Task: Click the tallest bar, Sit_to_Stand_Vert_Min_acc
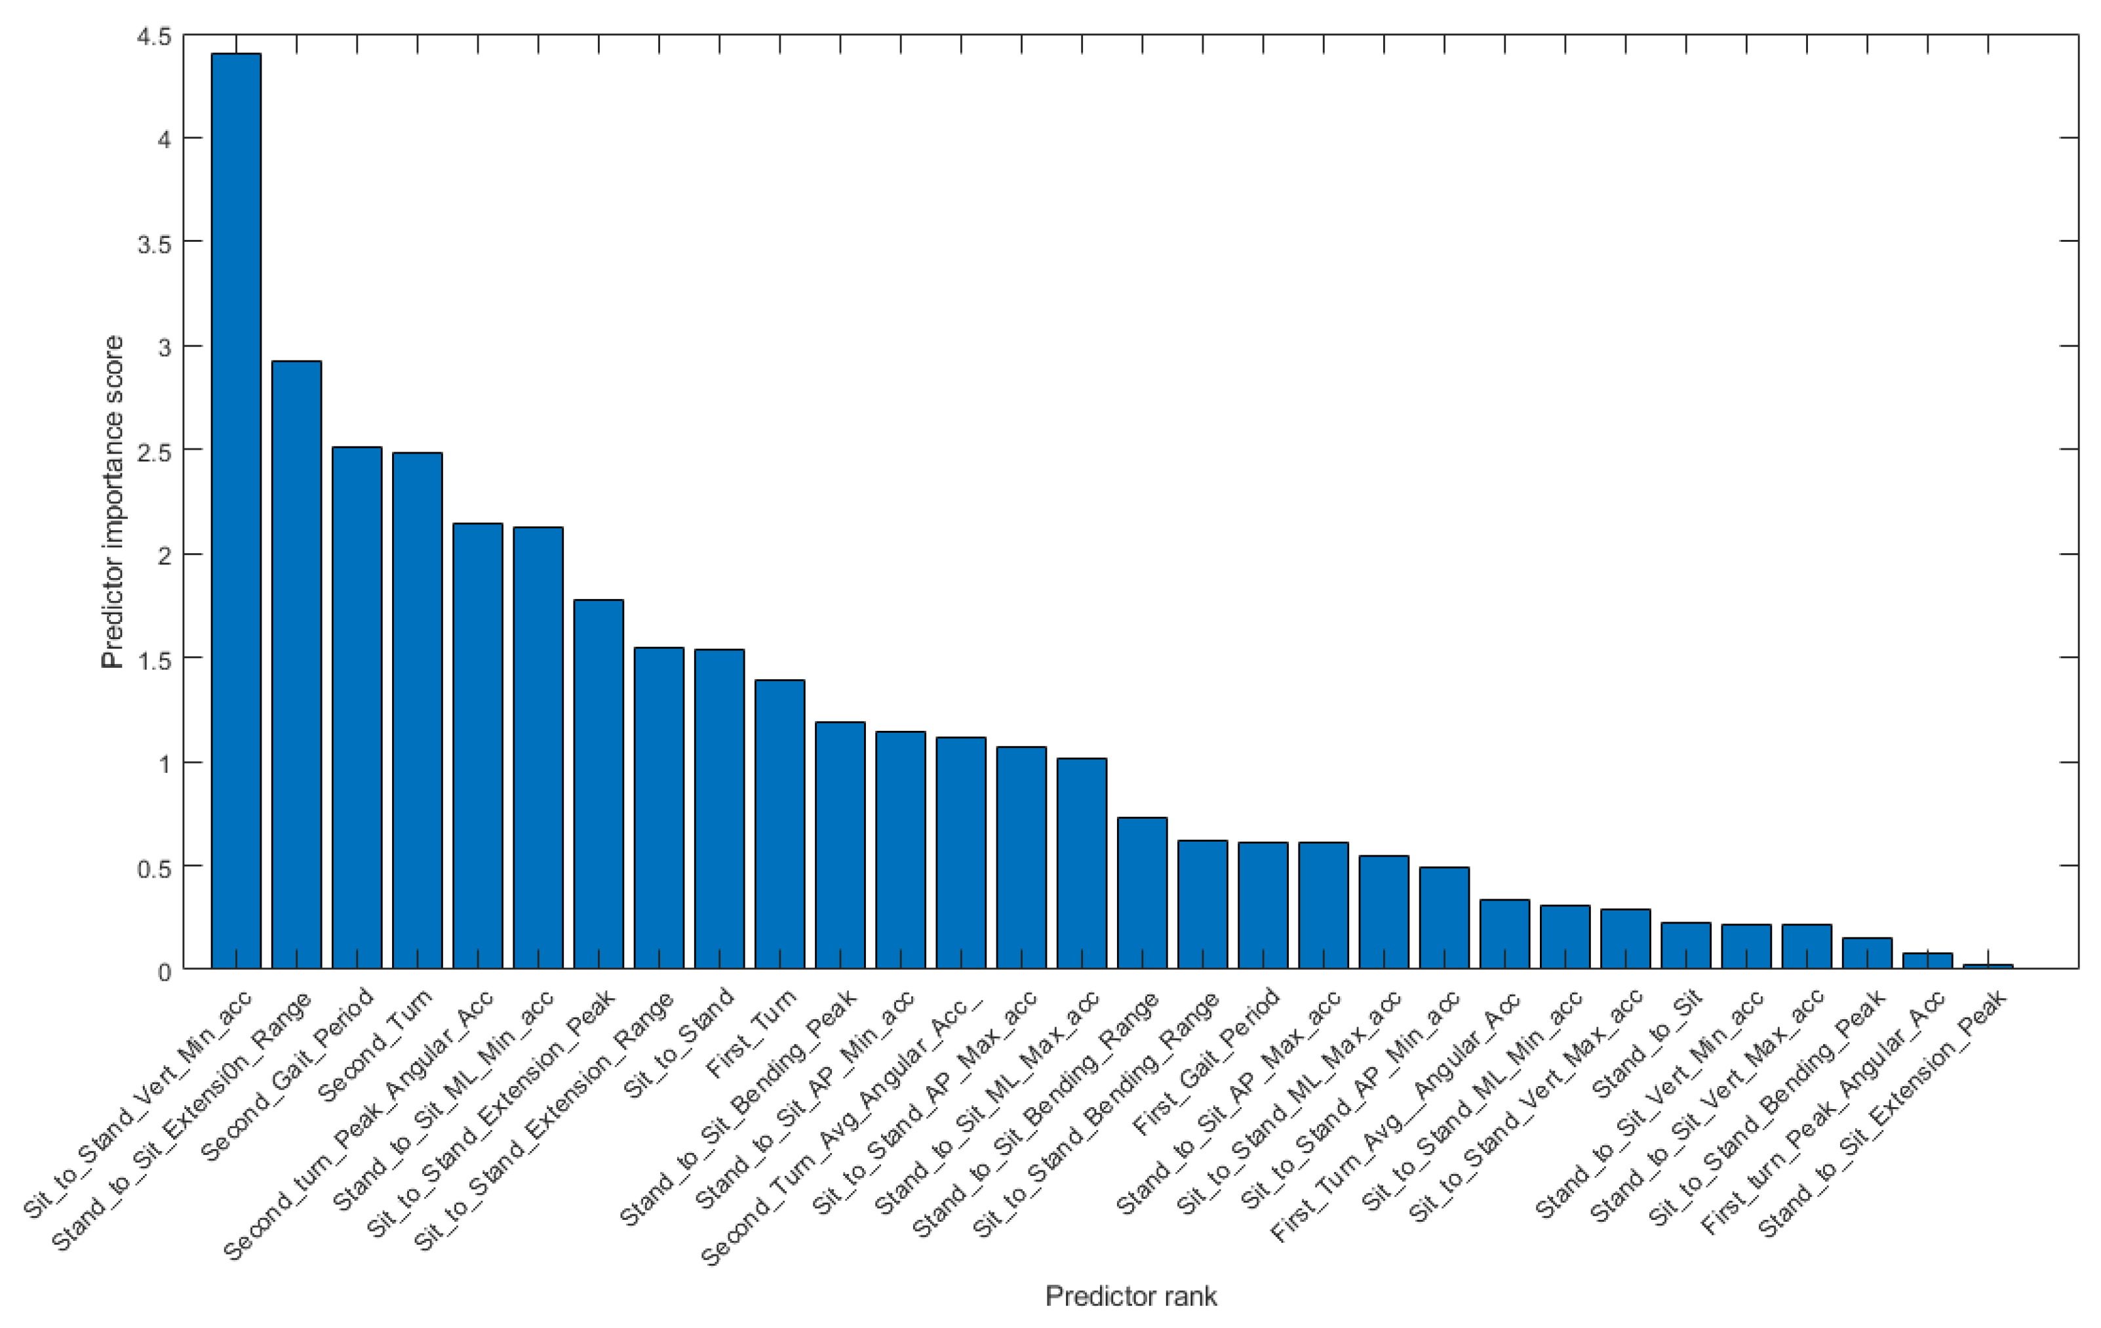pos(235,511)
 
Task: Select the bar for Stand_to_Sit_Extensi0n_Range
pos(297,664)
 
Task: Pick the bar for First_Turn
pos(779,824)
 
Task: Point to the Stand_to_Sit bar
pos(1685,945)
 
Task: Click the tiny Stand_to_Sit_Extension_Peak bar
pos(1988,966)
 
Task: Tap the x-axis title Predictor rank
pos(1131,1296)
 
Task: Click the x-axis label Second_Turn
pos(375,1047)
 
